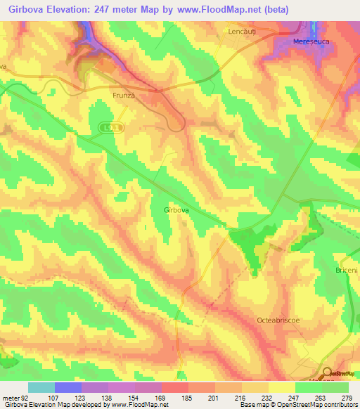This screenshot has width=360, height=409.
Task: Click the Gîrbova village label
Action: [x=175, y=209]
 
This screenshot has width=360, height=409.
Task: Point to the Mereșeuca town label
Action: [x=311, y=41]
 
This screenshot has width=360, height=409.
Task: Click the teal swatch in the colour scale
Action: [x=41, y=387]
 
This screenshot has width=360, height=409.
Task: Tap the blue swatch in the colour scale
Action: [x=68, y=387]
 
